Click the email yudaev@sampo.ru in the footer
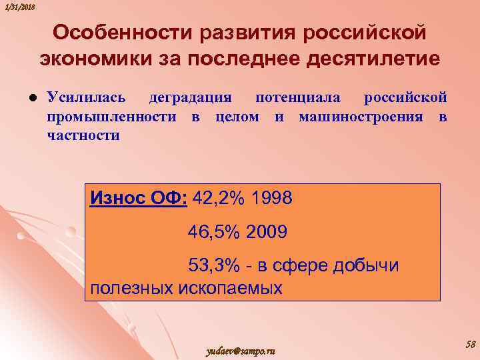241,351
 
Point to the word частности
83,135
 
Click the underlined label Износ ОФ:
139,198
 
